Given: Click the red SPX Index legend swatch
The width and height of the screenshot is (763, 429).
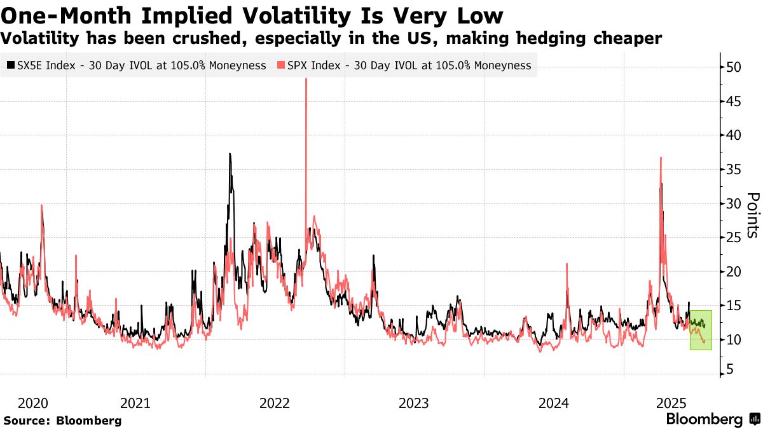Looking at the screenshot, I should (280, 65).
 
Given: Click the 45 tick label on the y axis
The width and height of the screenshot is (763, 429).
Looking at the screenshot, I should (735, 101).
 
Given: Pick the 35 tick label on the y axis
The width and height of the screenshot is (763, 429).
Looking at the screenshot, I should (735, 170).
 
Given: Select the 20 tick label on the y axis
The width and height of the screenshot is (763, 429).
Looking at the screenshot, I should (735, 272).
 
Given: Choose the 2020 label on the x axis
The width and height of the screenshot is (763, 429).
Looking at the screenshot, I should (34, 403).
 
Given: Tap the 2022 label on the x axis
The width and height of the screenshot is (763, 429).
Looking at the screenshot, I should (275, 403).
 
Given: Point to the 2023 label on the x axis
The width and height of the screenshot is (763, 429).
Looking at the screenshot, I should (414, 403).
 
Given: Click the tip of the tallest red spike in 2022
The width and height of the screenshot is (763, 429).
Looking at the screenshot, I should (306, 79).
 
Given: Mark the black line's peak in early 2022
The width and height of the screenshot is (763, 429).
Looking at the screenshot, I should (230, 154).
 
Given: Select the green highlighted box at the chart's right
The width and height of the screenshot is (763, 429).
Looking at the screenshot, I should (701, 330).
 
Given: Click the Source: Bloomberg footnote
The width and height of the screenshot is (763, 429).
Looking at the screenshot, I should (62, 420).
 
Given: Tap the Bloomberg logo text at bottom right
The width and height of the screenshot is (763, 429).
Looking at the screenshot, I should (705, 419).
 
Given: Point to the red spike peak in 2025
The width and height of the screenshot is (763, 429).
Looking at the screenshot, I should (661, 158).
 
